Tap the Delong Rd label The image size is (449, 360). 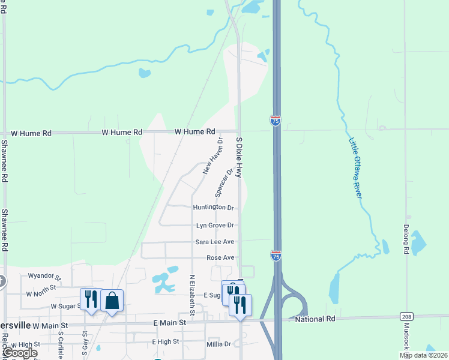[406, 237]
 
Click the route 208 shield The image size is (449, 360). [406, 316]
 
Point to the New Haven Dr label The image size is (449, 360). [212, 157]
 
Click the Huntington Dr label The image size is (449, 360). [213, 208]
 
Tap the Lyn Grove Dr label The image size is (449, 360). [215, 226]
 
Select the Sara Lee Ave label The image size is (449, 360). [214, 242]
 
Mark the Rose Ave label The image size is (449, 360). [220, 257]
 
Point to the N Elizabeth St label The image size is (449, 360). [192, 296]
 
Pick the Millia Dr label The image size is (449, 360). [218, 344]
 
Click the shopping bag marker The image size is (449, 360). [112, 300]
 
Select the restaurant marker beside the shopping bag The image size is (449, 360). [91, 299]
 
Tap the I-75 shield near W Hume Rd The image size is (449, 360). [276, 120]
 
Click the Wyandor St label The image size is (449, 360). [44, 277]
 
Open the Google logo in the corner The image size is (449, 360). [19, 353]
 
